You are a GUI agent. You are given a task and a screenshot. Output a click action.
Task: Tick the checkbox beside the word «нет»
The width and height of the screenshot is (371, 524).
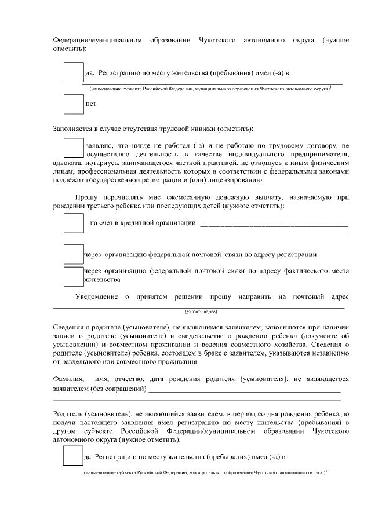pyautogui.click(x=73, y=104)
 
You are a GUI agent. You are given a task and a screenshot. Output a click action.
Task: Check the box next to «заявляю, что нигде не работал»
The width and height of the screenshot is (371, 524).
pyautogui.click(x=73, y=146)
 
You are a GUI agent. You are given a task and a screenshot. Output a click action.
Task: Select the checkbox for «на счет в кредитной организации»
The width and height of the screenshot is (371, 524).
pyautogui.click(x=73, y=223)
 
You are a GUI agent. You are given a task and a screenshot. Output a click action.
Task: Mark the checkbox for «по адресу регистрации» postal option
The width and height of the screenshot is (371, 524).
pyautogui.click(x=73, y=254)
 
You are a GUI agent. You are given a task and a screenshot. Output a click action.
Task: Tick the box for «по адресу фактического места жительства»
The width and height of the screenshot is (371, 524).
pyautogui.click(x=73, y=276)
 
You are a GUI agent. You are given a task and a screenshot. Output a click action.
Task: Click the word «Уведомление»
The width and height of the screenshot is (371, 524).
pyautogui.click(x=97, y=297)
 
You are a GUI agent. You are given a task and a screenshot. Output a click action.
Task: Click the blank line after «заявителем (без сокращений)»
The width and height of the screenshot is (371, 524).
pyautogui.click(x=244, y=390)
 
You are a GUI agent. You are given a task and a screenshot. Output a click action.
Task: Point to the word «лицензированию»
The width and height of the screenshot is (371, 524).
pyautogui.click(x=227, y=180)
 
